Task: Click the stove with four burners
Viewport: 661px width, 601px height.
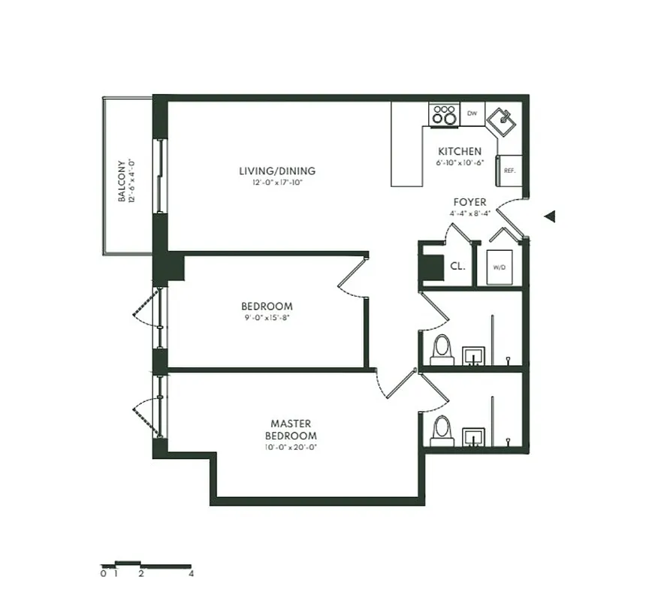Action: click(444, 115)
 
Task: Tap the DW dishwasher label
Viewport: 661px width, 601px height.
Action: click(472, 113)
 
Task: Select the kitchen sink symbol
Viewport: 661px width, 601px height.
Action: click(500, 119)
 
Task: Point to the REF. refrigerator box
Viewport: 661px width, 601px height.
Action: click(509, 171)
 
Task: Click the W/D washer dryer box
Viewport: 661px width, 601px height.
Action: click(500, 267)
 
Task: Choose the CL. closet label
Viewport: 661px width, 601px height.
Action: click(457, 266)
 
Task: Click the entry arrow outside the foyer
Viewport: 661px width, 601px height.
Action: click(550, 217)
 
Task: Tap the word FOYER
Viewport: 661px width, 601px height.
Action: click(470, 202)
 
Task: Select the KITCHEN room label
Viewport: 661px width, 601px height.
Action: click(460, 152)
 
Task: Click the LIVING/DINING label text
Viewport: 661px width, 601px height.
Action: click(277, 171)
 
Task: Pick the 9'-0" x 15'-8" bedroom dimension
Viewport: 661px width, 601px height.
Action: click(267, 317)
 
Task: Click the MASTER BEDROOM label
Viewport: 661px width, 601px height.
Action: click(291, 430)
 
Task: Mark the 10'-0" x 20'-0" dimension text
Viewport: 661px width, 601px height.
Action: click(291, 448)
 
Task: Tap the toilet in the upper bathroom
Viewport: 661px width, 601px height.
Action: click(442, 348)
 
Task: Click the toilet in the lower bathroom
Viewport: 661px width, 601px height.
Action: click(442, 430)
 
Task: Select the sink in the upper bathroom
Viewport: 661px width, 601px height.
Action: click(473, 354)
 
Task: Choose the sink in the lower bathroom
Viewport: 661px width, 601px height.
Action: click(473, 436)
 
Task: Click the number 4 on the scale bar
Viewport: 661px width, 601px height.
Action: click(192, 573)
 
